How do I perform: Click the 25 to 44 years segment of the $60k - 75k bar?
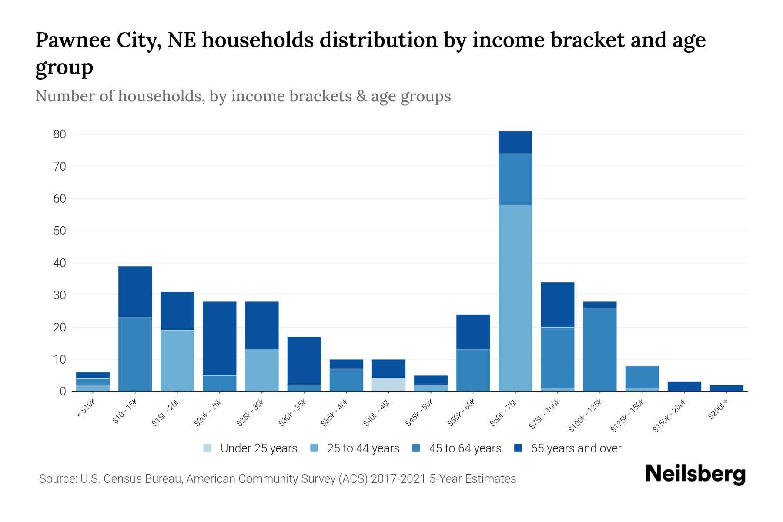click(515, 298)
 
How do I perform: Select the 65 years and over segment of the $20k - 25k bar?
click(220, 338)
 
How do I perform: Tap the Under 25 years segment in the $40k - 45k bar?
click(388, 385)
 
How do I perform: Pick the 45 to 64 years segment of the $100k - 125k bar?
click(599, 349)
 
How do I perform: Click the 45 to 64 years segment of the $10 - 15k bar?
click(135, 355)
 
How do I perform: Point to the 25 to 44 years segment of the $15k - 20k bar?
click(177, 361)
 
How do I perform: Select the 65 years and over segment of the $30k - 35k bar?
click(304, 361)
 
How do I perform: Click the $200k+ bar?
click(726, 388)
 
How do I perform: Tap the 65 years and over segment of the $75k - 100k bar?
click(557, 304)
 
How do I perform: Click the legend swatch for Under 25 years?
click(208, 448)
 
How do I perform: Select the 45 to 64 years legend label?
click(465, 448)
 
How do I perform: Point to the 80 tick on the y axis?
click(60, 134)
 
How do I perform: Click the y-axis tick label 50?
click(60, 231)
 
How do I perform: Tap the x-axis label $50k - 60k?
click(462, 412)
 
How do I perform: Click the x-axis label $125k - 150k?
click(628, 416)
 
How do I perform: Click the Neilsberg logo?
click(695, 474)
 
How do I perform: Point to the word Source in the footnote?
click(57, 479)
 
